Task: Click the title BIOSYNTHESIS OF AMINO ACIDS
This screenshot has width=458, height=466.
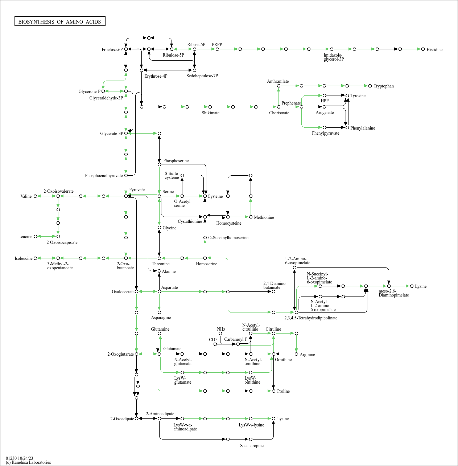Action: point(60,22)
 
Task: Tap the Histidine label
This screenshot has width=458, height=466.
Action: point(434,50)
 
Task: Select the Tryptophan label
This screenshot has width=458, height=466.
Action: point(384,86)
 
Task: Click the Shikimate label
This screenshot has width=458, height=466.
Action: point(210,113)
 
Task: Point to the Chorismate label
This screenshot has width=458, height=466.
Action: point(279,113)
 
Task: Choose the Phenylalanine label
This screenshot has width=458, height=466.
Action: point(363,128)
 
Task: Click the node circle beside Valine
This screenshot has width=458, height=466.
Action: point(35,196)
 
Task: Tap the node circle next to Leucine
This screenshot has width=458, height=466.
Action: point(35,237)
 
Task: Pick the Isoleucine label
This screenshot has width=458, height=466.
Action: point(24,258)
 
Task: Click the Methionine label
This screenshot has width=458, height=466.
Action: point(264,217)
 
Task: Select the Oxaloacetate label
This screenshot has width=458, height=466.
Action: point(123,292)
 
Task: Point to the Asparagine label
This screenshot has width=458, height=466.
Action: point(161,318)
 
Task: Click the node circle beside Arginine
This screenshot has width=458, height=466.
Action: point(296,354)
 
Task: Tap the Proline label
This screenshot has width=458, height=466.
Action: point(283,391)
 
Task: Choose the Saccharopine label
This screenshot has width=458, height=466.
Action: point(252,446)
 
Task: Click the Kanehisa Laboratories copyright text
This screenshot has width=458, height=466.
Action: point(28,462)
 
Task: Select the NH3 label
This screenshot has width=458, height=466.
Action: point(221,329)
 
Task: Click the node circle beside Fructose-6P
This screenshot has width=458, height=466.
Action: point(126,49)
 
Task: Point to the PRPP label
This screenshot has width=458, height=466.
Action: point(217,45)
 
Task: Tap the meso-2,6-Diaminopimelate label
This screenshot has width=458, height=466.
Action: point(393,293)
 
